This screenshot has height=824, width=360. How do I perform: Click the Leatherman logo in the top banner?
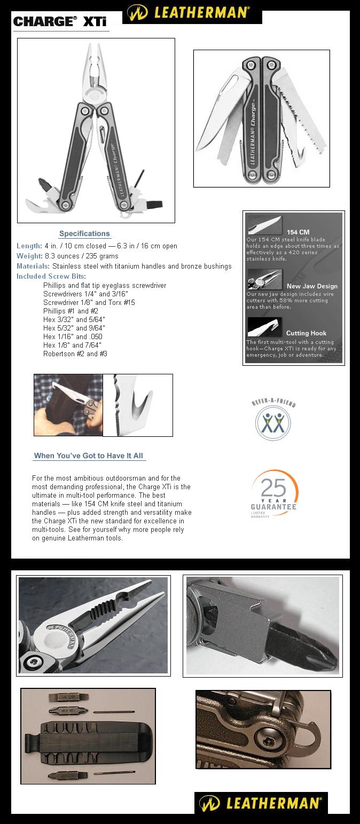coord(192,12)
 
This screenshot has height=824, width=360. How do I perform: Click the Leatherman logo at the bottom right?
coord(261,803)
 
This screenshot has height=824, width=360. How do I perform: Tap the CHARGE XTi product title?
coord(60,22)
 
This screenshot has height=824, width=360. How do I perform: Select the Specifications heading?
coord(84,233)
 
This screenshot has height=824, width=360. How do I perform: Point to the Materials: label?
coord(33,266)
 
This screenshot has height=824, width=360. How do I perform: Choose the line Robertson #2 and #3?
coord(75,354)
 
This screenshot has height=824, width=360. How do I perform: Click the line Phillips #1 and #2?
coord(71,311)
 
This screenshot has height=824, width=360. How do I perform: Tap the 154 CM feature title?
coord(298,232)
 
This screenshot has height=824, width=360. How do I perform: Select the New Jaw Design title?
coord(312,286)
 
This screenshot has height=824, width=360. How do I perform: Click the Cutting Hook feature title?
coord(306,333)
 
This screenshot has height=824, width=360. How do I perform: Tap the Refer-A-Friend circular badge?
coord(273,422)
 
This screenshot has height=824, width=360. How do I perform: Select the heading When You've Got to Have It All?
coord(89,456)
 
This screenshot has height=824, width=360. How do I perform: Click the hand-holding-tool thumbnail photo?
coord(68,405)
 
